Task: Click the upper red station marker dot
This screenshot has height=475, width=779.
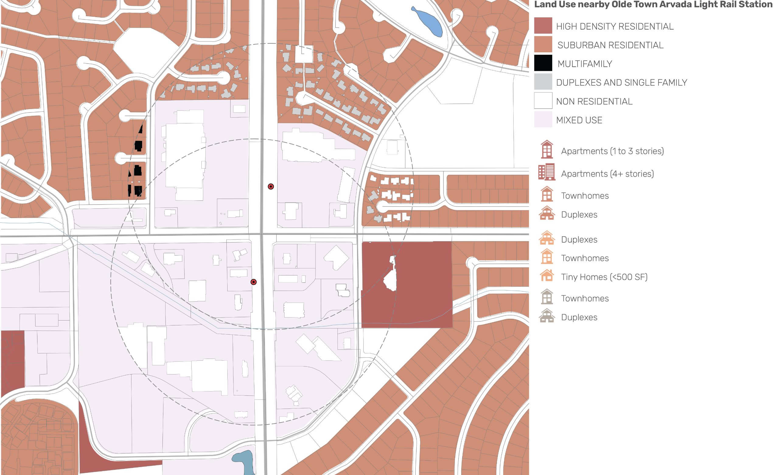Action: tap(271, 186)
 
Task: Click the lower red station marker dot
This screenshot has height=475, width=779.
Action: tap(253, 282)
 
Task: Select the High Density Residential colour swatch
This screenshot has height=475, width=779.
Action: tap(543, 26)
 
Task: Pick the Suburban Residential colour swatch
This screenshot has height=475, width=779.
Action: tap(543, 44)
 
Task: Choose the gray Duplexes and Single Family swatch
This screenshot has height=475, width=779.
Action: tap(543, 82)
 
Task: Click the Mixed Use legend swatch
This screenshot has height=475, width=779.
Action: tap(543, 119)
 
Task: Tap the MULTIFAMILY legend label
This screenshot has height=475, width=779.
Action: tap(585, 64)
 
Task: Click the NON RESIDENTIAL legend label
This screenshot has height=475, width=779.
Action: tap(594, 101)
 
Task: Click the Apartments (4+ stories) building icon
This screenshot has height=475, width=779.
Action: tap(547, 172)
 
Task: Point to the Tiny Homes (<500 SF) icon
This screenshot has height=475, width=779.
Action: tap(547, 275)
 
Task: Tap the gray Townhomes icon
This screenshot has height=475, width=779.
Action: tap(547, 297)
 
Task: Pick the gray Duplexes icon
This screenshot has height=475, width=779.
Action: tap(547, 316)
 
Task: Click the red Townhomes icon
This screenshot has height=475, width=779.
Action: tap(547, 194)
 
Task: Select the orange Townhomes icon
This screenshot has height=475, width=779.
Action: tap(547, 257)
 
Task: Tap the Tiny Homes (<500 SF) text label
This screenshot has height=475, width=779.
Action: tap(604, 277)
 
